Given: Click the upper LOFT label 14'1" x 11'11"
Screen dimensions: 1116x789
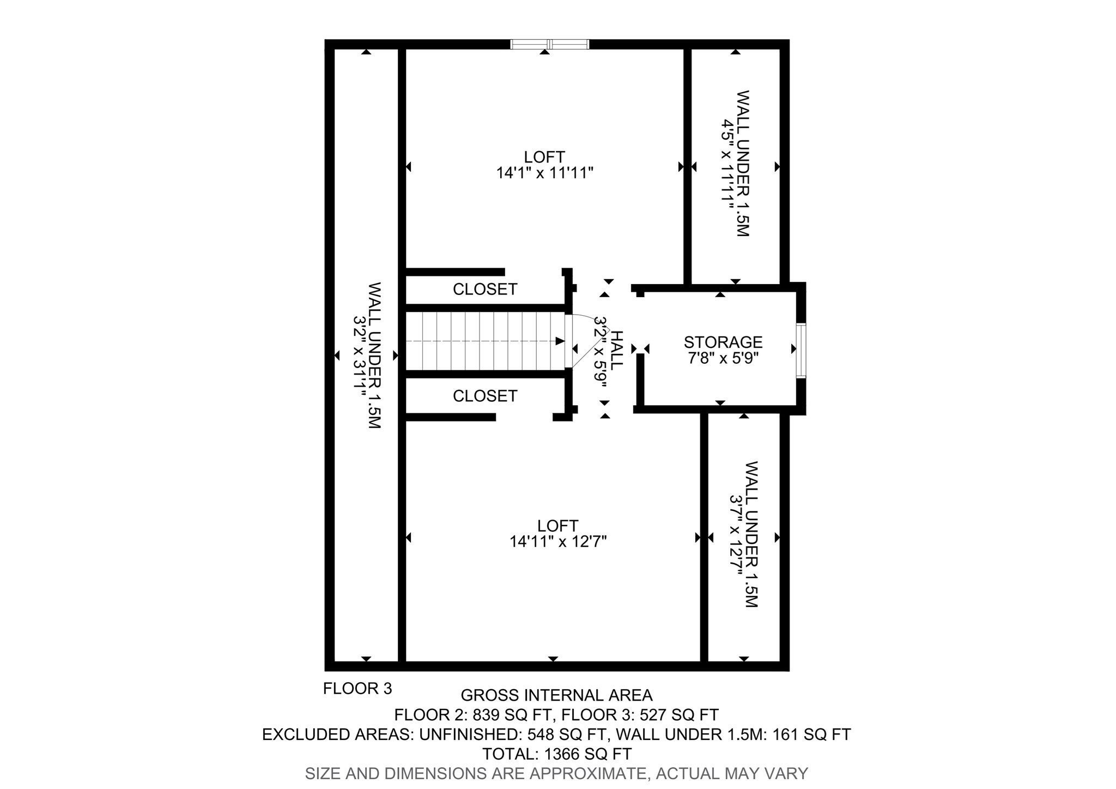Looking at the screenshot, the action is pyautogui.click(x=544, y=165).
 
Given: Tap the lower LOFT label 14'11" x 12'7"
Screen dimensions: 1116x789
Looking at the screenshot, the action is pyautogui.click(x=558, y=534).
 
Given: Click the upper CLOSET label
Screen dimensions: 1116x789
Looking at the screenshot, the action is pyautogui.click(x=485, y=289).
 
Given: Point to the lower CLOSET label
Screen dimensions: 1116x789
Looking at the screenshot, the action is pyautogui.click(x=485, y=396).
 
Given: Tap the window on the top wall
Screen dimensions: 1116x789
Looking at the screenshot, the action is pyautogui.click(x=550, y=44).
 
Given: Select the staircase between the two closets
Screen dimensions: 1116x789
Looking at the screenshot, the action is pyautogui.click(x=485, y=341).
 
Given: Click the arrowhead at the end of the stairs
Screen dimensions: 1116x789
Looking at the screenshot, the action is pyautogui.click(x=560, y=341).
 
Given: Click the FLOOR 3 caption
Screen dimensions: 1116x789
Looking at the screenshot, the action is pyautogui.click(x=357, y=689).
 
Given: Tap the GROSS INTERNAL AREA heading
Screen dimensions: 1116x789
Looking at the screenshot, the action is pyautogui.click(x=556, y=695).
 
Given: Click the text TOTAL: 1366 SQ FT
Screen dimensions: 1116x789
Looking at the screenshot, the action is pyautogui.click(x=556, y=754).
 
